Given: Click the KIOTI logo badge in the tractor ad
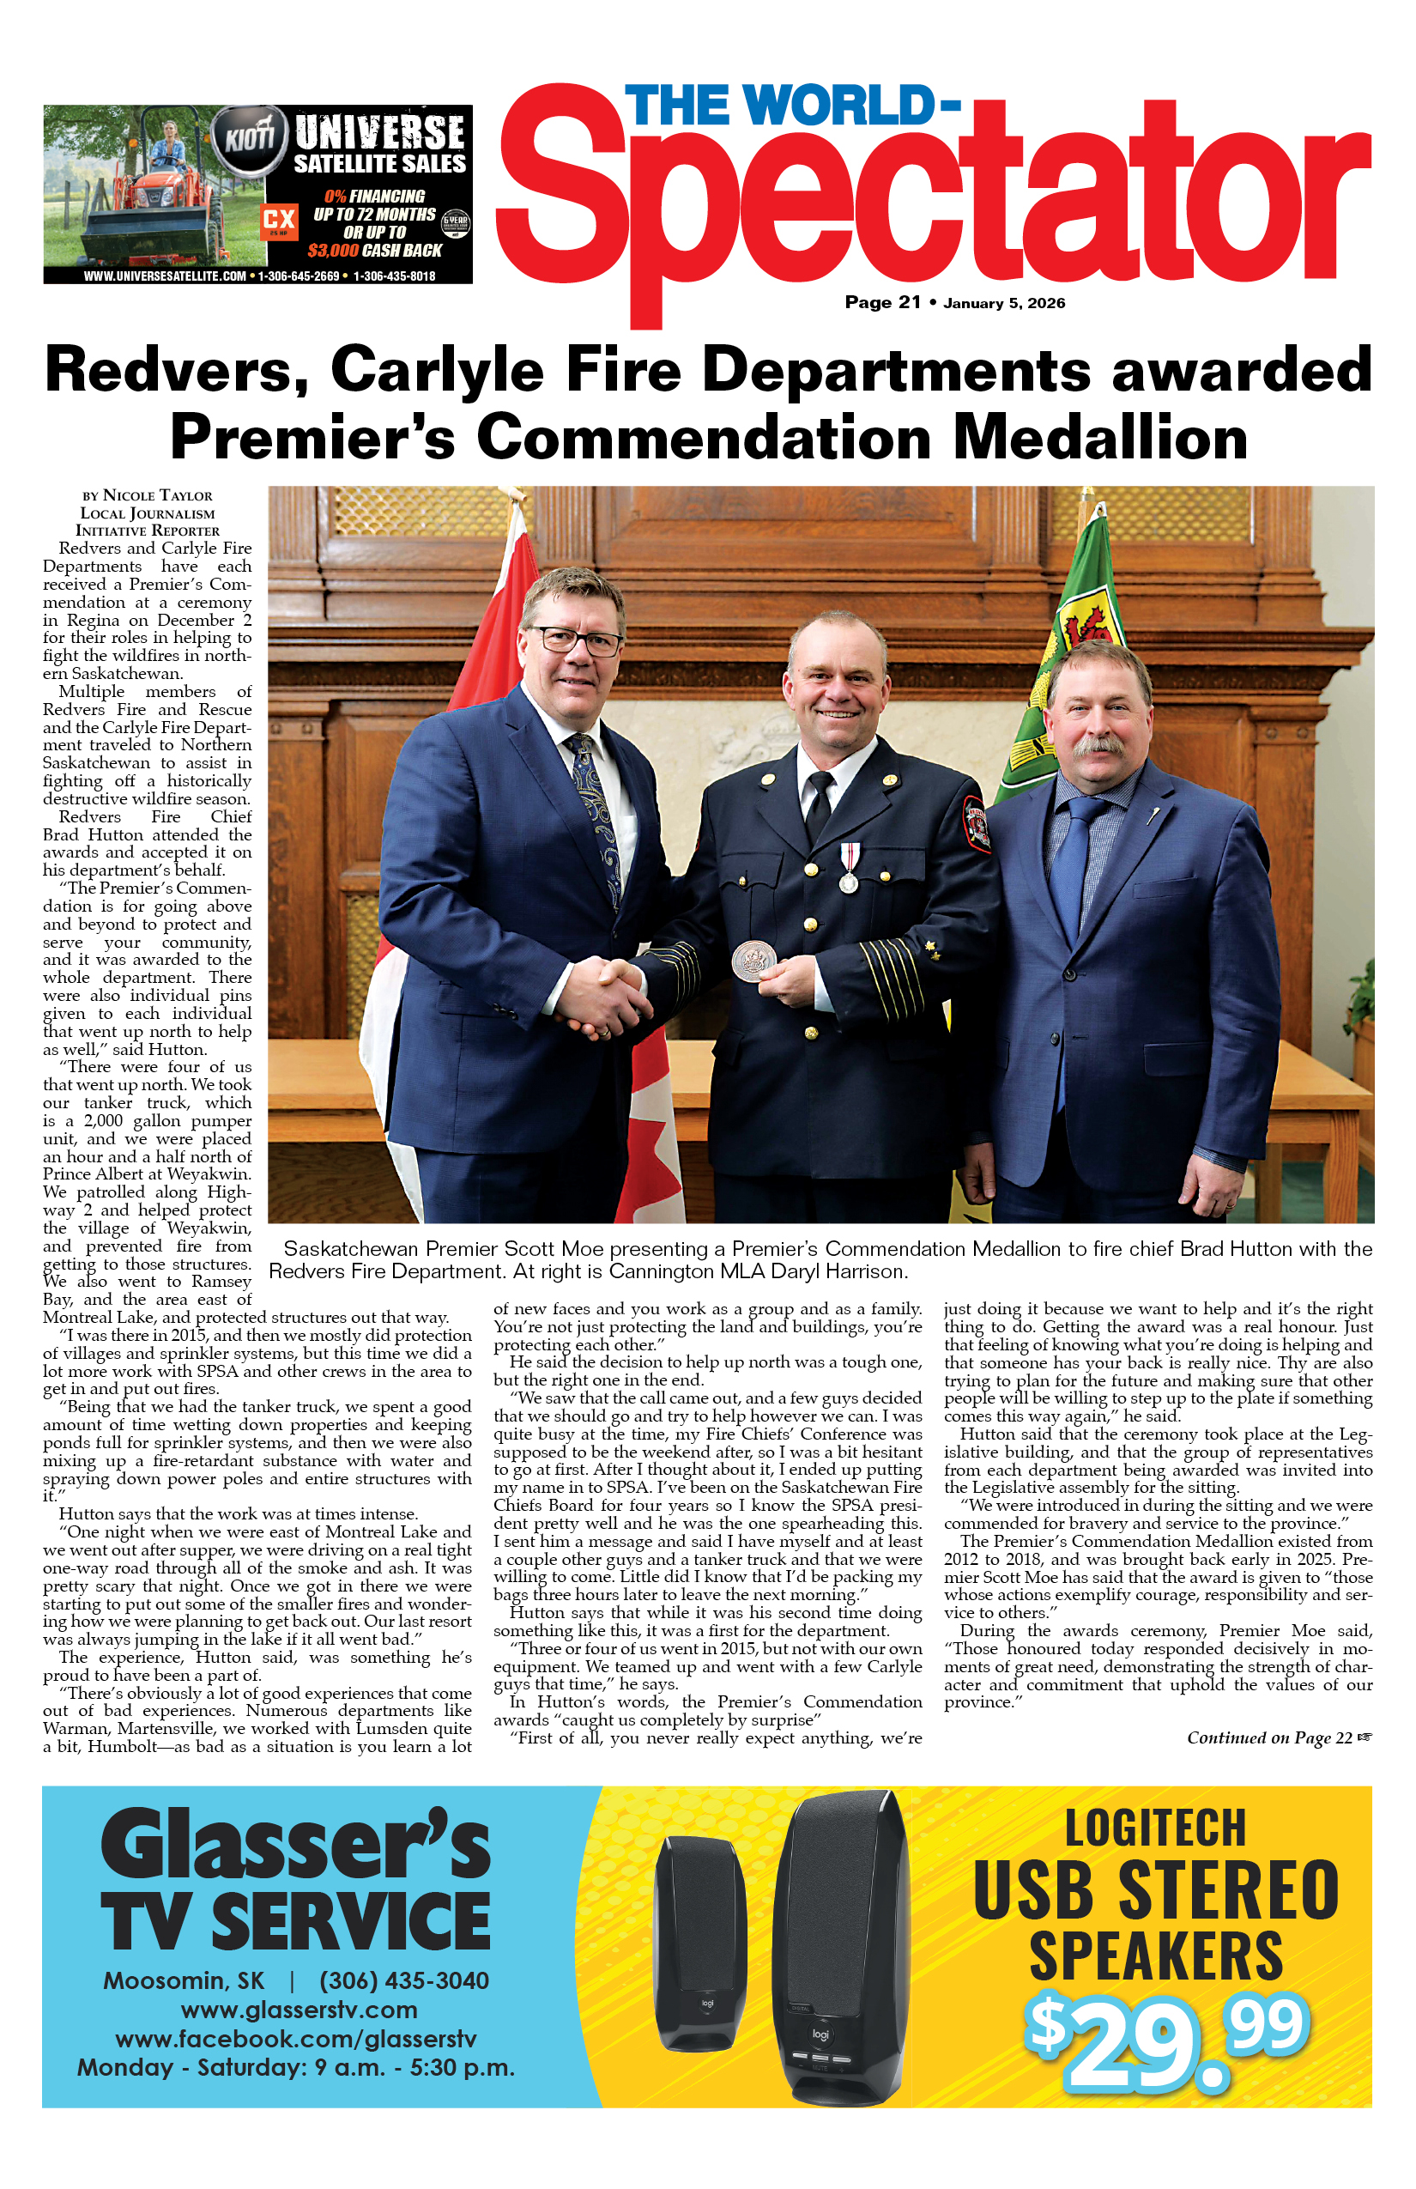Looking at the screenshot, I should tap(249, 139).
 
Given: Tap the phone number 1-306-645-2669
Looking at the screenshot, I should tap(299, 276).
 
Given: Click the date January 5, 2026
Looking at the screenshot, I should tap(1004, 304).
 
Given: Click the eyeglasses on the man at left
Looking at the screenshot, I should tap(577, 640).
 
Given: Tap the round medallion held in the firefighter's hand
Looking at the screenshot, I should tap(754, 961).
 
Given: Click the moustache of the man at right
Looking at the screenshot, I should tap(1098, 744).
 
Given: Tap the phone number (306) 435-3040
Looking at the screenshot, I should tap(404, 1980).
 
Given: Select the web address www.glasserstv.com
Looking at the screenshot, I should tap(299, 2010).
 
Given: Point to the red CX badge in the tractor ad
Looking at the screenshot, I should tap(279, 219).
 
